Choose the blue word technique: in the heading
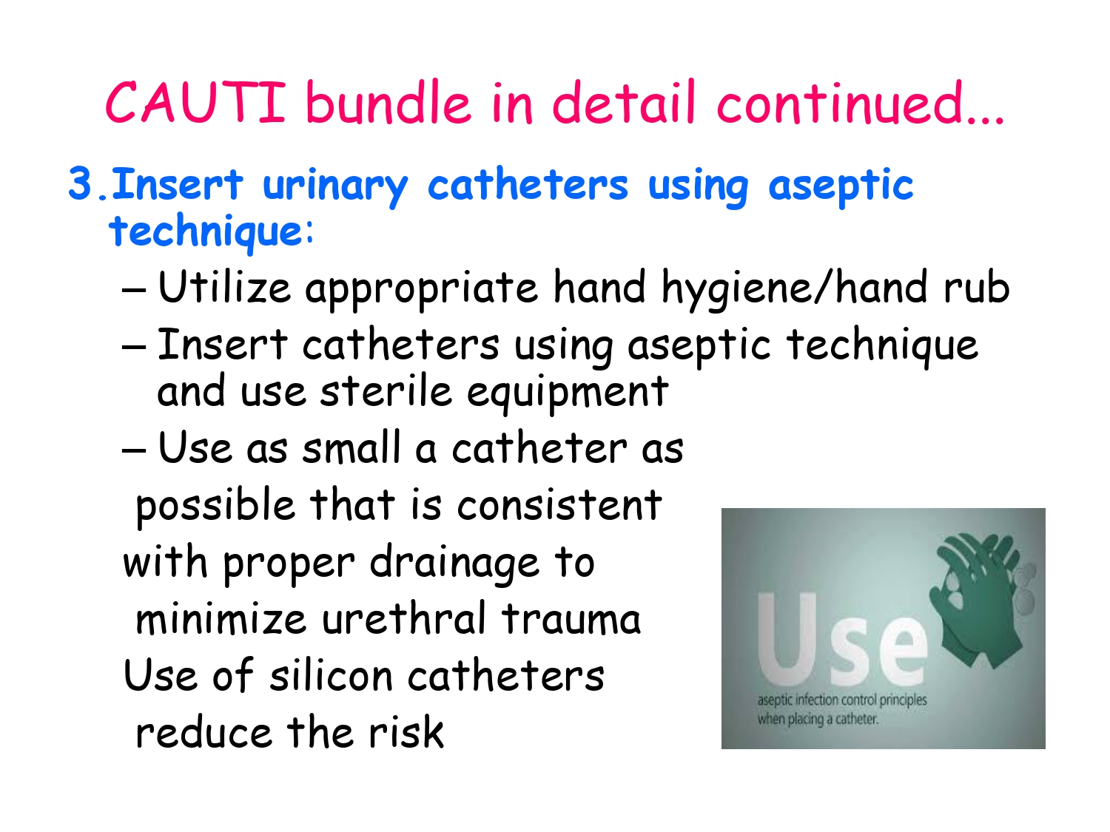212,231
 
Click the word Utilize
224,288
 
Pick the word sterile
386,391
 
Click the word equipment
568,393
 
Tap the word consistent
559,506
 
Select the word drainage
454,564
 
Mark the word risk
406,733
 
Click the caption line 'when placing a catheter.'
818,719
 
